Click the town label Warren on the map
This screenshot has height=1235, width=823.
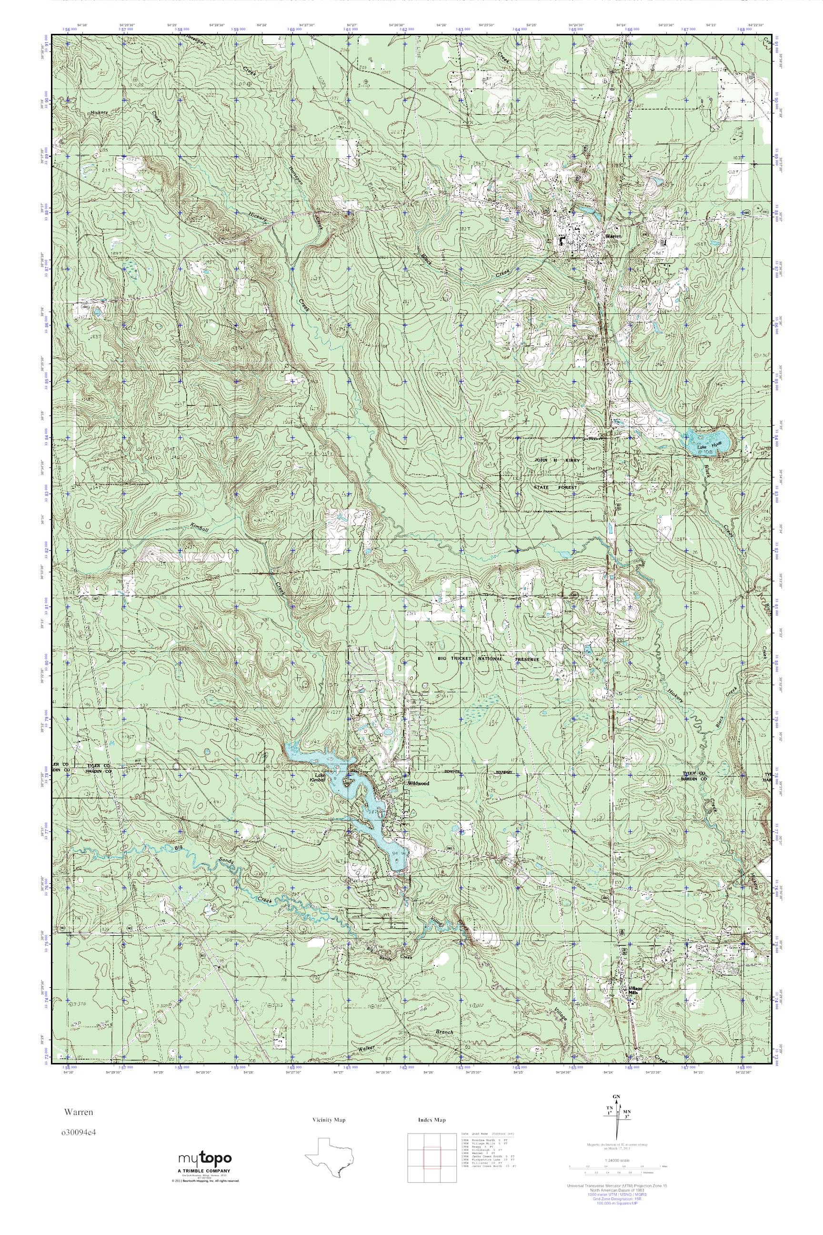(x=612, y=237)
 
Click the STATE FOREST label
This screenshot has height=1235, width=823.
(x=555, y=487)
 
